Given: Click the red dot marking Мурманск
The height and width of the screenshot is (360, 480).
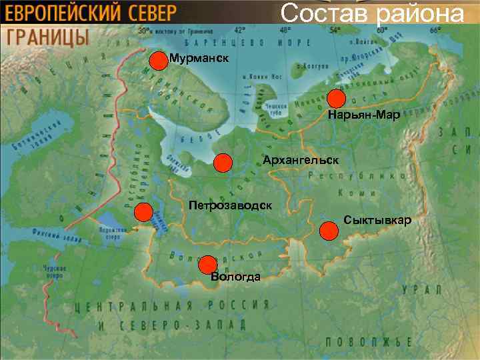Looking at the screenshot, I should [x=158, y=61].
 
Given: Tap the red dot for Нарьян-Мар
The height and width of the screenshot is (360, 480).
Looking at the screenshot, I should [x=336, y=99].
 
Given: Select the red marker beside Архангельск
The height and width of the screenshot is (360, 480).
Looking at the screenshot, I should [x=223, y=163].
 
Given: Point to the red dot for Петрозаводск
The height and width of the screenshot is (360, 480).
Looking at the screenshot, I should [x=143, y=213].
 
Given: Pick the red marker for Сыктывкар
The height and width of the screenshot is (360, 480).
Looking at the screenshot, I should [x=328, y=231].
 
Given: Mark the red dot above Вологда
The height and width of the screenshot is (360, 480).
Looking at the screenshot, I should [x=208, y=264].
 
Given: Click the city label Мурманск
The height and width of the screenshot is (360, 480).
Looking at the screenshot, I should [x=199, y=59].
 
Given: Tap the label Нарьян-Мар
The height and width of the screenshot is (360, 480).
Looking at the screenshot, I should [x=364, y=116].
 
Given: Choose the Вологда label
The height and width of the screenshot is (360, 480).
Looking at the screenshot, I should [x=235, y=277].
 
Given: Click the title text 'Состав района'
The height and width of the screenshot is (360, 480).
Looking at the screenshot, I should [x=371, y=13].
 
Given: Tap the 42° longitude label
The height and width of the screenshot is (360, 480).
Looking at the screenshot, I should [x=239, y=30].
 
